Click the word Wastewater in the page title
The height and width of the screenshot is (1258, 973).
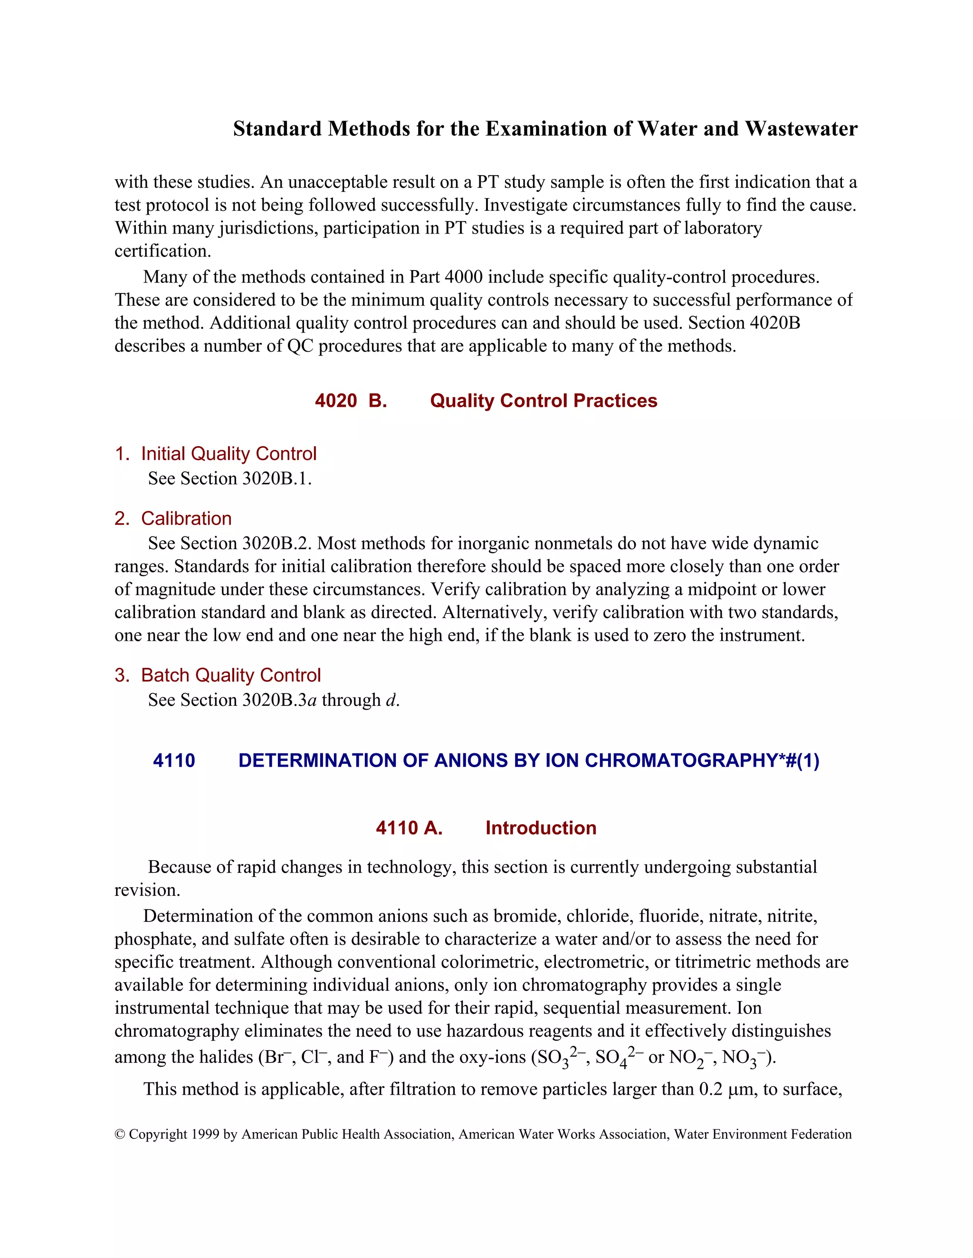coord(801,129)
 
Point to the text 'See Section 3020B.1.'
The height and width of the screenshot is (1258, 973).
coord(229,479)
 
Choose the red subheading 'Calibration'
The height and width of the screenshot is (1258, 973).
coord(186,518)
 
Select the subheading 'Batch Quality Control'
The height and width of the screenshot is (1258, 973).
coord(230,675)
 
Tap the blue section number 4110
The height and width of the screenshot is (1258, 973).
coord(173,760)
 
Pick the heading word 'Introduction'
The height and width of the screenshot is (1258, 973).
coord(540,828)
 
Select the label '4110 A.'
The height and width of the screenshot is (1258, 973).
coord(409,828)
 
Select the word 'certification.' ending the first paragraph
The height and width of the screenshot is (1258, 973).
coord(162,251)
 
